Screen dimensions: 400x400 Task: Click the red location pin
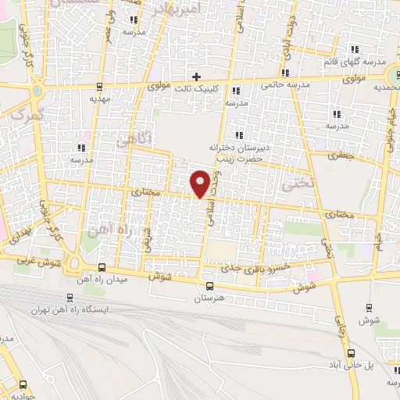pos(201,183)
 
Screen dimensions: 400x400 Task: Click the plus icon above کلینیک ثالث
pos(196,77)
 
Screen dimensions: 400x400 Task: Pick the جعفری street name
pos(345,155)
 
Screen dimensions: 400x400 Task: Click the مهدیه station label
pos(97,99)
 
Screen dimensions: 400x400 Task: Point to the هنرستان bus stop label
pos(209,298)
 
